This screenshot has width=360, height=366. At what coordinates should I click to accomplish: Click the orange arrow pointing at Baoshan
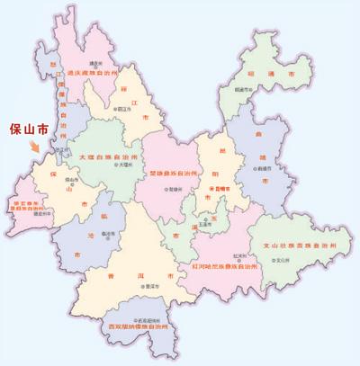[35, 146]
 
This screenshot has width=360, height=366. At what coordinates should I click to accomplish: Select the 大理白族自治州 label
[109, 156]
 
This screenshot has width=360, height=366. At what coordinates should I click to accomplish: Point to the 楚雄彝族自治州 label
[168, 171]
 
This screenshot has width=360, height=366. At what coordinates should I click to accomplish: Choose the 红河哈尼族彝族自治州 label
[225, 267]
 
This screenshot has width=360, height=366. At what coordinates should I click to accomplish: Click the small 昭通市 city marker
[239, 91]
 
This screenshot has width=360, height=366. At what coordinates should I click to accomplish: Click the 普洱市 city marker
[142, 285]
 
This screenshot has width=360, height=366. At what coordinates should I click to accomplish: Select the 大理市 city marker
[111, 167]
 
